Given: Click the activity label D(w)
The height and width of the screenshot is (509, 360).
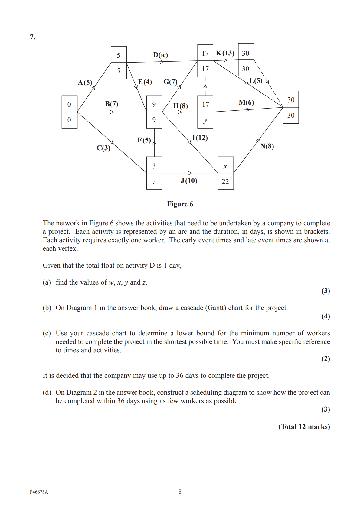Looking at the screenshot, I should [x=160, y=55].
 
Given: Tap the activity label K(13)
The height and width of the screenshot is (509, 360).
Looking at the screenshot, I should [x=225, y=53].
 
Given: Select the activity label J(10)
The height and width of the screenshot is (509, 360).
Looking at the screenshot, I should [x=189, y=181].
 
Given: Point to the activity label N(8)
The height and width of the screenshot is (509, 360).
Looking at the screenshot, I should [x=267, y=146].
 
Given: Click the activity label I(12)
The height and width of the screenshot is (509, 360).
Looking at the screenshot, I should [x=200, y=138].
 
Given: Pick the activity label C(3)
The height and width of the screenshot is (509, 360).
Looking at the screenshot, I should [x=103, y=148].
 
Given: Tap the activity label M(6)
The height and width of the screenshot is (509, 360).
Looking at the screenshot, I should [x=246, y=103].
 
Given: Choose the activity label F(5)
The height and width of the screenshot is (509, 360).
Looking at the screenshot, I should [x=144, y=140].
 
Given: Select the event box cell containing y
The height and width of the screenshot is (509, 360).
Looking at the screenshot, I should [x=205, y=120].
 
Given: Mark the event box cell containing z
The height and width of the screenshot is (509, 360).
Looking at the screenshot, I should [x=154, y=181].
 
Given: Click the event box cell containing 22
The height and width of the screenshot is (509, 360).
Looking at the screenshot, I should [x=225, y=181].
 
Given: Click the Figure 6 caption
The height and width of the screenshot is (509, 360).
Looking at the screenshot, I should [x=180, y=204].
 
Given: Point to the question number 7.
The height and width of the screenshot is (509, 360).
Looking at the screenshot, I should [x=33, y=37].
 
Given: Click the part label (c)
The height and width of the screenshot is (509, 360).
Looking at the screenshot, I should [x=47, y=333].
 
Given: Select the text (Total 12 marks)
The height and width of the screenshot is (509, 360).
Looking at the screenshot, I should [x=304, y=426].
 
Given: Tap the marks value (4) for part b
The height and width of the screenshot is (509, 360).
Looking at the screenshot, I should [x=326, y=316].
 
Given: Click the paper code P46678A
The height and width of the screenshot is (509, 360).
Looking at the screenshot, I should [x=39, y=492].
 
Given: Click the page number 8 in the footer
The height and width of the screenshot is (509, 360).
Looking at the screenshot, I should [x=180, y=492].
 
